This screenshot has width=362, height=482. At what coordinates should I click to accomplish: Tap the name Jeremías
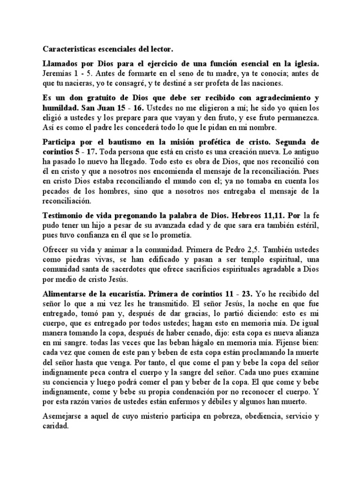coord(57,74)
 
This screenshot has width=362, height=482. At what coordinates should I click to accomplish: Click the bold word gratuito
coord(95,98)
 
